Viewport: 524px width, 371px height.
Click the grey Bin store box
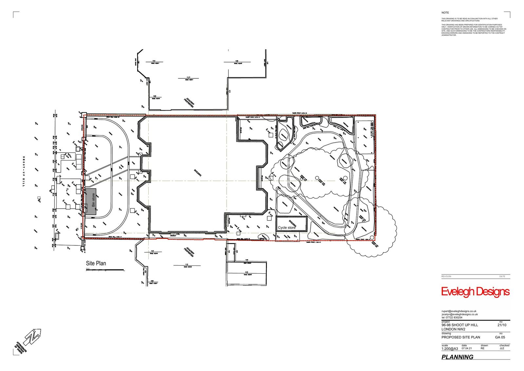(x=91, y=202)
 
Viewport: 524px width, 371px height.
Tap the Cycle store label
(x=287, y=227)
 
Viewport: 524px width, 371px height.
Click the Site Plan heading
(x=96, y=263)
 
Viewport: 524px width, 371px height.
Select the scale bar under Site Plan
(x=105, y=271)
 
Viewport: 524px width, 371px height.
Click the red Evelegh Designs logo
(x=475, y=292)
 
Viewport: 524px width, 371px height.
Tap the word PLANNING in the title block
(x=457, y=357)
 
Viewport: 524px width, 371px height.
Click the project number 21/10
(x=502, y=325)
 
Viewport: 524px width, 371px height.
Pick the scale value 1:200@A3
(x=450, y=349)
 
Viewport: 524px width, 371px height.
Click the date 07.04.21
(x=467, y=348)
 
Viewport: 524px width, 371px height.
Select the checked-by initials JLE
(x=502, y=348)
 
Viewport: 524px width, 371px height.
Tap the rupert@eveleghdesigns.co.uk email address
(x=459, y=311)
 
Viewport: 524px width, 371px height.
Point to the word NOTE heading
(x=445, y=12)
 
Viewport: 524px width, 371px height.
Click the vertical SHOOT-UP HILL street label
(x=24, y=171)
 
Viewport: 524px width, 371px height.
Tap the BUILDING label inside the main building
(x=197, y=173)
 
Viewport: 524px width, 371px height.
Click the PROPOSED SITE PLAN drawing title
(x=460, y=337)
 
